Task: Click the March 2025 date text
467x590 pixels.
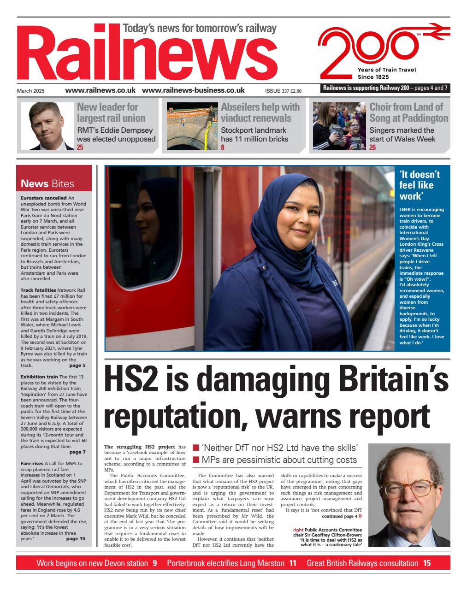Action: pyautogui.click(x=31, y=91)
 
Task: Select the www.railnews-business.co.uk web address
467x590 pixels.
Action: pyautogui.click(x=193, y=90)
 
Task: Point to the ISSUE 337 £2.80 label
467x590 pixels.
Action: pyautogui.click(x=283, y=91)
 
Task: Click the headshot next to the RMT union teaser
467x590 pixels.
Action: pyautogui.click(x=47, y=126)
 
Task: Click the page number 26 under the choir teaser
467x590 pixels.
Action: pyautogui.click(x=372, y=147)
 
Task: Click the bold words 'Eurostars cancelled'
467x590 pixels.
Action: pyautogui.click(x=44, y=198)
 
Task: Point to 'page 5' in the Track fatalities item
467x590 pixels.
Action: pyautogui.click(x=77, y=366)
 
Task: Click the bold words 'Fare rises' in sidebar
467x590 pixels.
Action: pyautogui.click(x=32, y=463)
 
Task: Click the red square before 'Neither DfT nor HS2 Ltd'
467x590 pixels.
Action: pyautogui.click(x=195, y=448)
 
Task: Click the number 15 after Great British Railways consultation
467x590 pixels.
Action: pyautogui.click(x=426, y=563)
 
